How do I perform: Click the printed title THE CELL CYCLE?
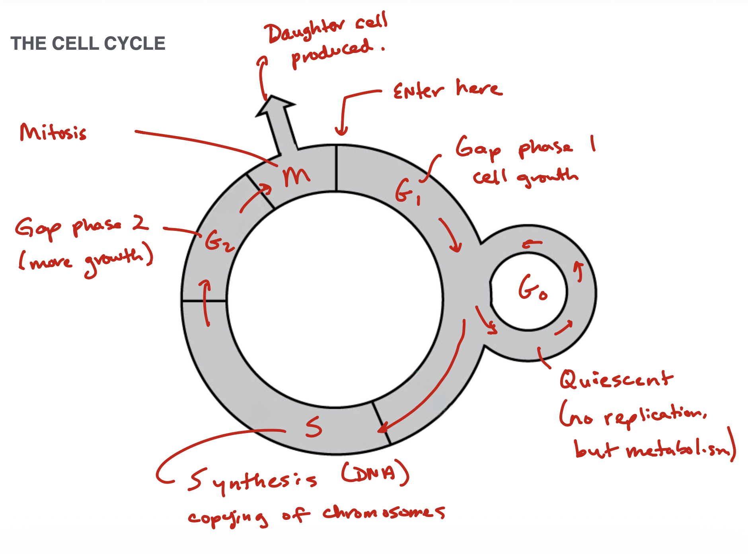(x=88, y=43)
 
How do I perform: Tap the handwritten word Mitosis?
(x=53, y=132)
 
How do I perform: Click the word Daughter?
(x=305, y=31)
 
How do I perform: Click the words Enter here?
(x=448, y=89)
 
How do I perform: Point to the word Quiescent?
(x=616, y=379)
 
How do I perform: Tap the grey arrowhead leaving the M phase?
(x=275, y=106)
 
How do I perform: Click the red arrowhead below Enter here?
(x=341, y=131)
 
